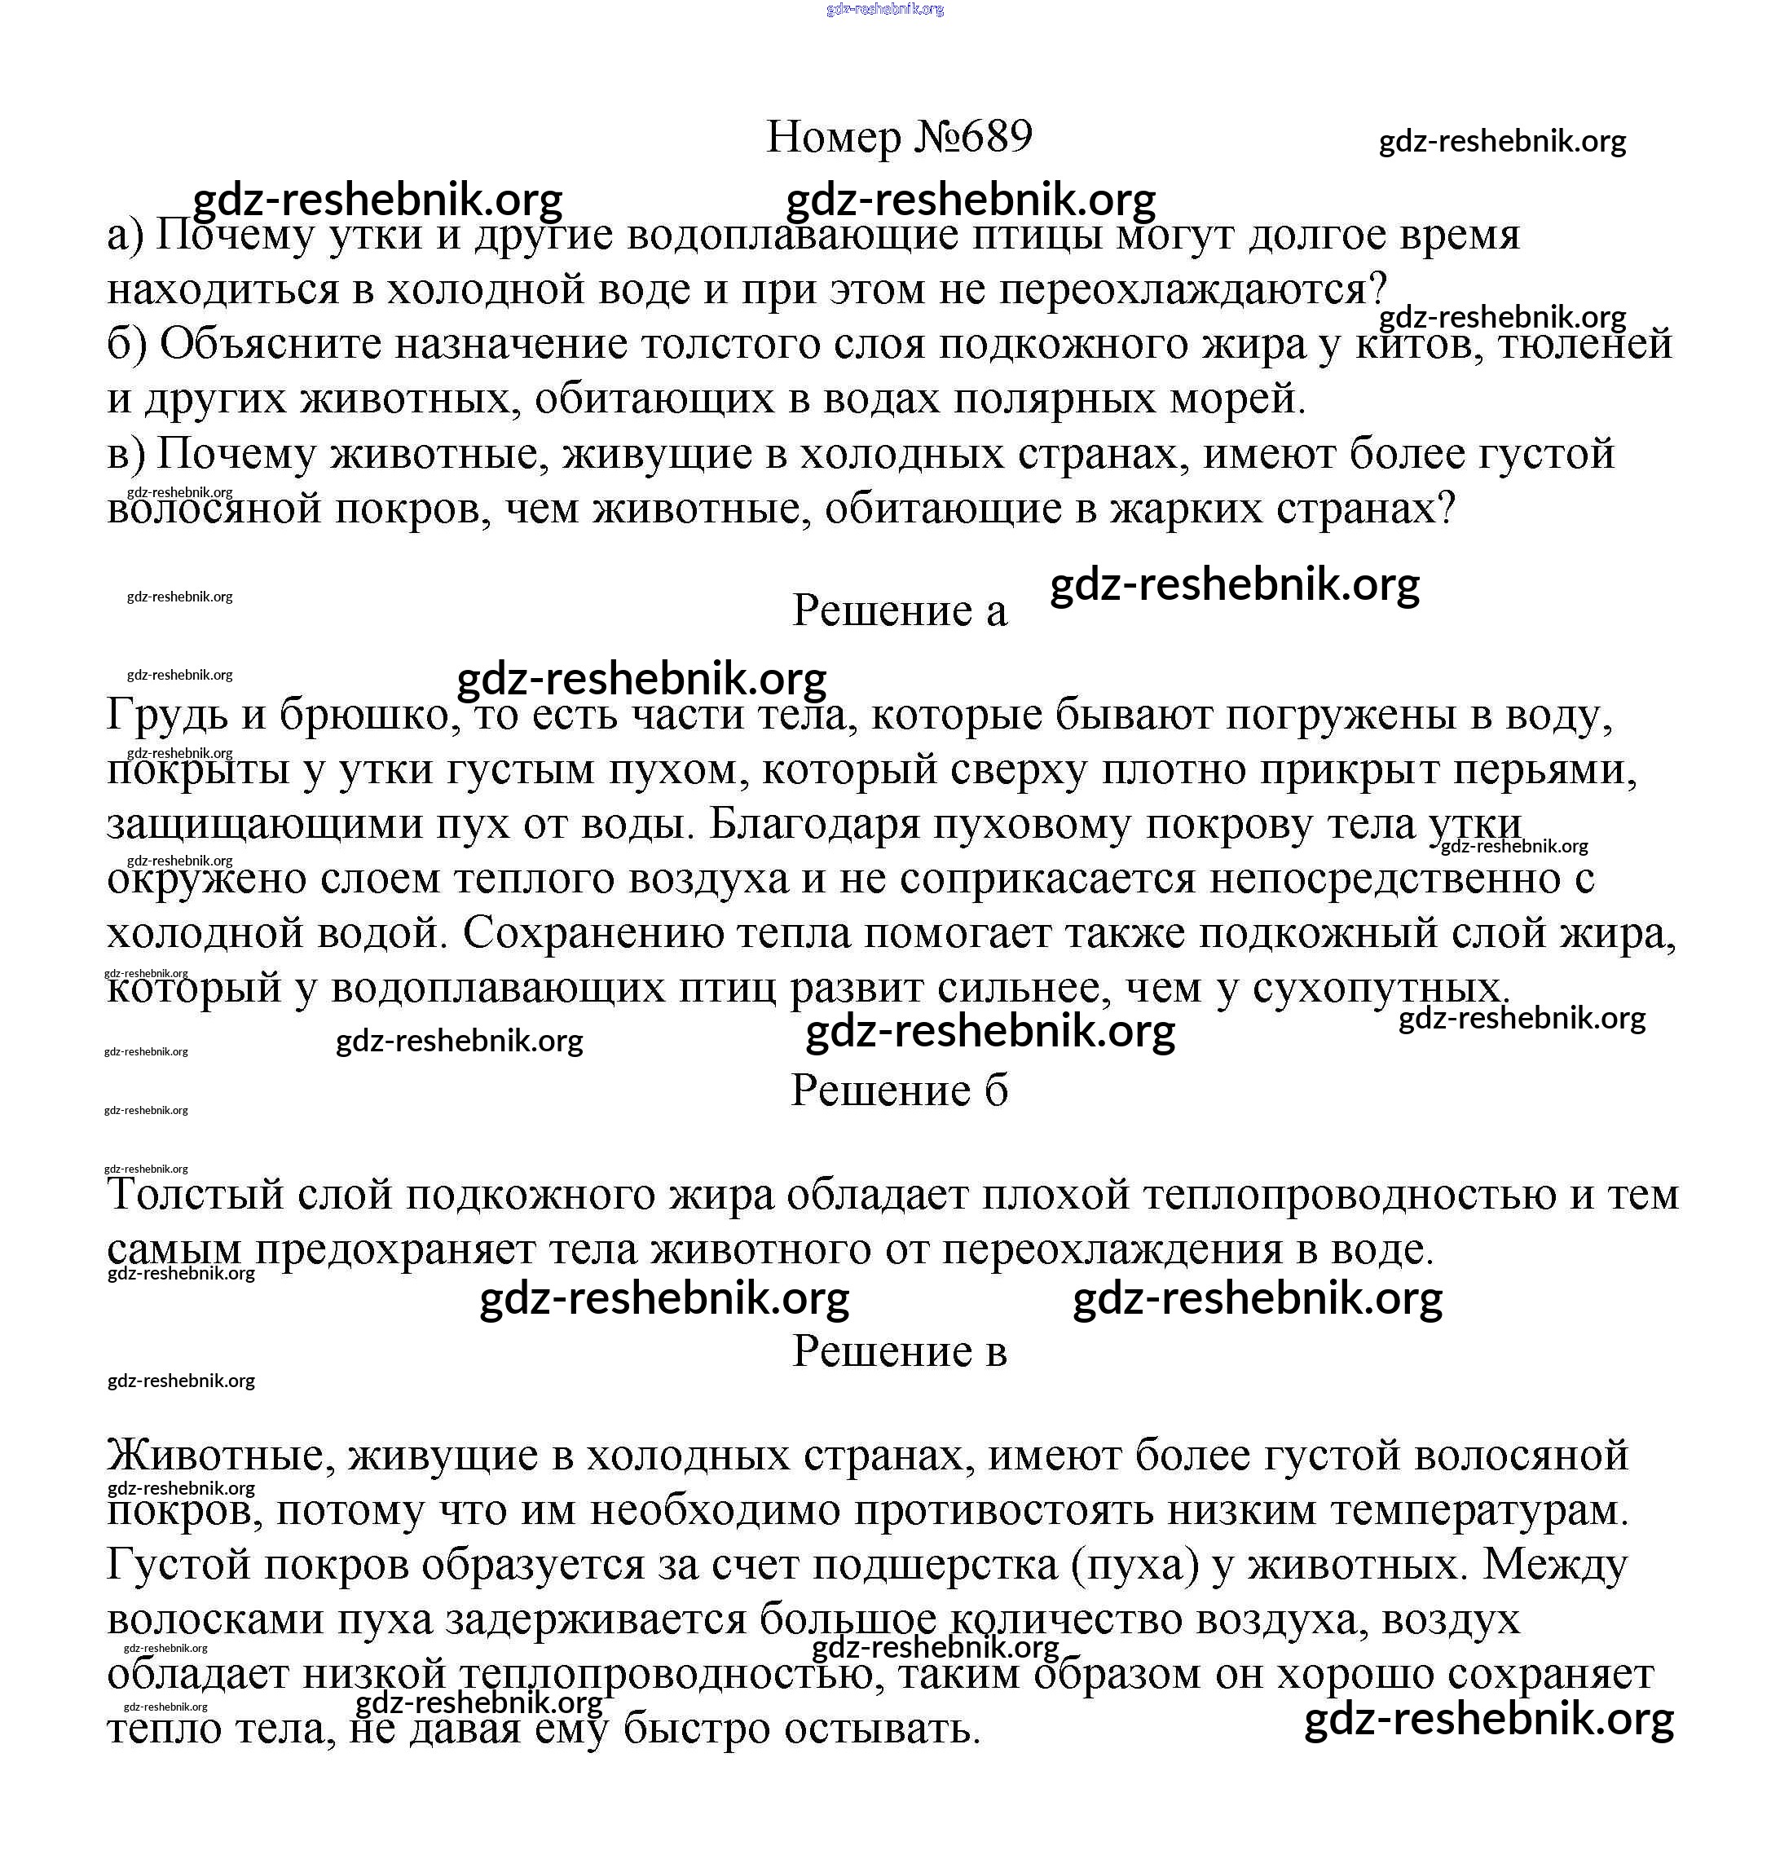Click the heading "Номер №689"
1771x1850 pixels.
coord(899,138)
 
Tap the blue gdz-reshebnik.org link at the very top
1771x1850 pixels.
coord(884,10)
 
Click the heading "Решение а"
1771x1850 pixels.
coord(899,610)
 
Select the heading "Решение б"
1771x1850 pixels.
coord(899,1091)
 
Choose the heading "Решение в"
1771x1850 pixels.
coord(899,1351)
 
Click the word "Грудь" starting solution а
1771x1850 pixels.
coord(166,716)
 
